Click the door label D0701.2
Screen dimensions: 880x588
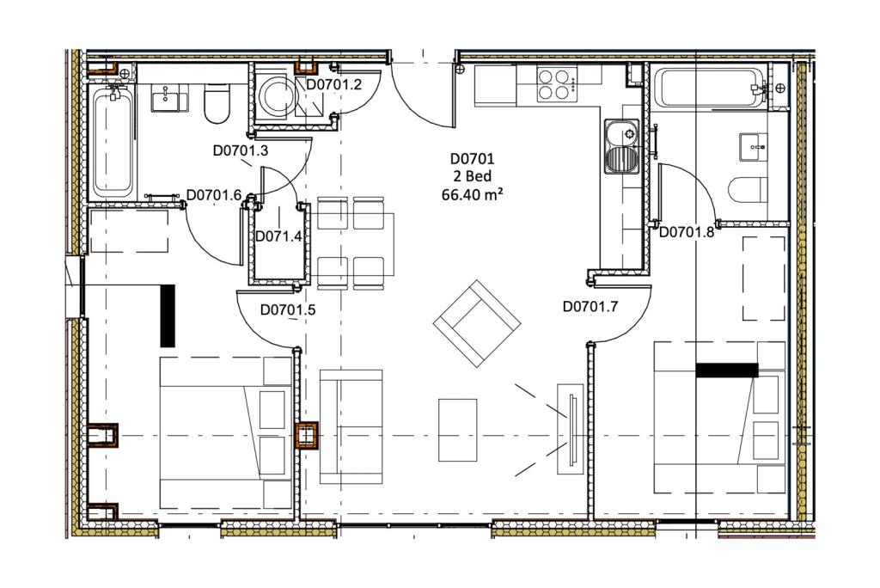point(333,85)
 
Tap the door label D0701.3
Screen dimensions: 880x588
point(241,150)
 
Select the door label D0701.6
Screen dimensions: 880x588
point(214,195)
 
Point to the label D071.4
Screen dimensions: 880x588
point(278,236)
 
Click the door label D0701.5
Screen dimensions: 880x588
point(288,309)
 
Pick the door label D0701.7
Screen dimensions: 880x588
point(590,307)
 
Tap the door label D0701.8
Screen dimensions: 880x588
point(687,232)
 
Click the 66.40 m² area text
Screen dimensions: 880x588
point(472,195)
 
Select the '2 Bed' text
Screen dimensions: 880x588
point(472,176)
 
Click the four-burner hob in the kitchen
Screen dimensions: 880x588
point(555,84)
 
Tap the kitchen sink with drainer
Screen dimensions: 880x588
point(621,146)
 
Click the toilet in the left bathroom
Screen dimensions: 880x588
point(217,103)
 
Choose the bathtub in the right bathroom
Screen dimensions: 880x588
point(709,87)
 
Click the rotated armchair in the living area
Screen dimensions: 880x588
point(477,323)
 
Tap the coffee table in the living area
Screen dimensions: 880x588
point(457,430)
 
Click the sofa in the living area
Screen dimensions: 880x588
point(351,427)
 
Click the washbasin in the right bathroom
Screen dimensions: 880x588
point(753,147)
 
